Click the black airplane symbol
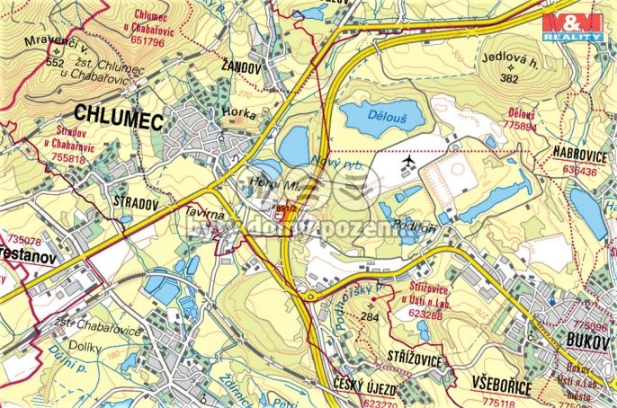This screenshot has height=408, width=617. click(x=409, y=161)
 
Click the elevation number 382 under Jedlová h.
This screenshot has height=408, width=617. click(x=511, y=79)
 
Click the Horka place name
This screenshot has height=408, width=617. click(x=240, y=115)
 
